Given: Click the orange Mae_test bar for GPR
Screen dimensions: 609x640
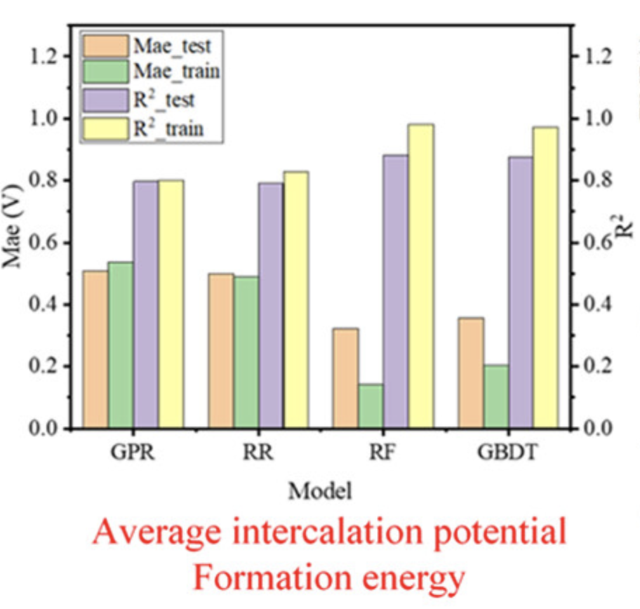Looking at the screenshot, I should click(95, 349).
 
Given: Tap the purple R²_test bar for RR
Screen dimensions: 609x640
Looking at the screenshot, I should click(271, 305).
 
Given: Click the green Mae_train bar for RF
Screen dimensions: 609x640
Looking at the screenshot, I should click(371, 406).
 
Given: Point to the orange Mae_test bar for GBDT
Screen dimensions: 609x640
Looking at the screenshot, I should click(471, 373).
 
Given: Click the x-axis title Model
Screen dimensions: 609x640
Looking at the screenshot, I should click(320, 490).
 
